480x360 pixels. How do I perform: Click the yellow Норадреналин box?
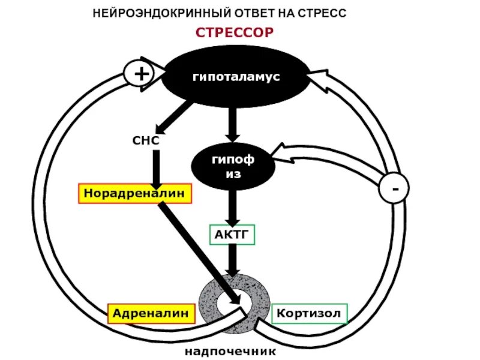coord(136,194)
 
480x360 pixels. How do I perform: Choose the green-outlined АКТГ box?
coord(232,233)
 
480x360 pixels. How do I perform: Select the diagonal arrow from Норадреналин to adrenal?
coord(198,246)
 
